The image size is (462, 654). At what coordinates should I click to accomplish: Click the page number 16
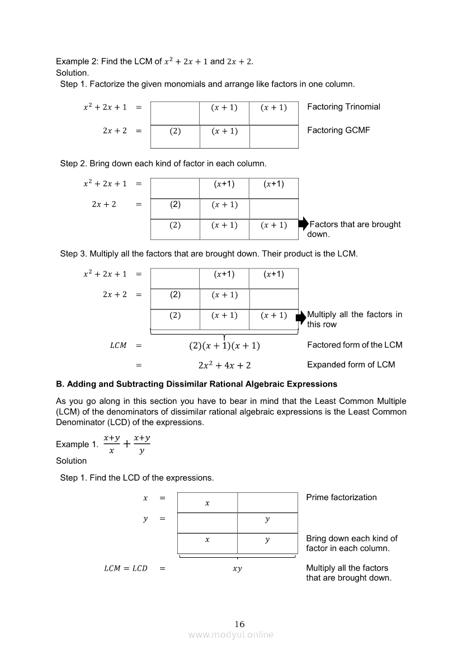click(x=239, y=624)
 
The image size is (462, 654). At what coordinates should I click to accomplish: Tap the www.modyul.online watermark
click(x=231, y=634)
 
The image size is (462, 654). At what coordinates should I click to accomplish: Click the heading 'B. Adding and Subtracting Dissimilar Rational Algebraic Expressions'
click(x=196, y=384)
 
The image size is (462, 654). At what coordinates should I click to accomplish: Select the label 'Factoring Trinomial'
click(x=343, y=107)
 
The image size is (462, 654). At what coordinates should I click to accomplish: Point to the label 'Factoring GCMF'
click(x=338, y=130)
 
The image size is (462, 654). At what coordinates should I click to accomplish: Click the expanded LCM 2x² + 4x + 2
click(x=224, y=365)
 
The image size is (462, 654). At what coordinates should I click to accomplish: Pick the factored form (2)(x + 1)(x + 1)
click(x=224, y=346)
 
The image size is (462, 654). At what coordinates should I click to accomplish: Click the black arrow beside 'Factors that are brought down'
click(x=303, y=224)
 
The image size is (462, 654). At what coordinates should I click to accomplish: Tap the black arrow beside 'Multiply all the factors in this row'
click(x=301, y=316)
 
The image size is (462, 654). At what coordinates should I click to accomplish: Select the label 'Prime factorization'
click(x=341, y=497)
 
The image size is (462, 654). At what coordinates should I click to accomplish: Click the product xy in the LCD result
click(x=237, y=569)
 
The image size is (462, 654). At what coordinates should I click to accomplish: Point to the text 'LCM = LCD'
click(x=126, y=568)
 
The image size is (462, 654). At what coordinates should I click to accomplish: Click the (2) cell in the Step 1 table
click(x=175, y=131)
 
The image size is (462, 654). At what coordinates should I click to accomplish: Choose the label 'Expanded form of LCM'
click(x=351, y=365)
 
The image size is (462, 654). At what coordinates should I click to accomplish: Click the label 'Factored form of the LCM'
click(x=355, y=345)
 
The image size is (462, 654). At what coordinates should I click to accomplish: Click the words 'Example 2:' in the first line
click(x=76, y=61)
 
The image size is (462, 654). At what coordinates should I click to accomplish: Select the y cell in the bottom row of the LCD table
click(x=267, y=540)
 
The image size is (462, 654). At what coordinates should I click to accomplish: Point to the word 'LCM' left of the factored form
click(x=118, y=346)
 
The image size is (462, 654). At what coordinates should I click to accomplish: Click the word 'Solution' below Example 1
click(x=71, y=461)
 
